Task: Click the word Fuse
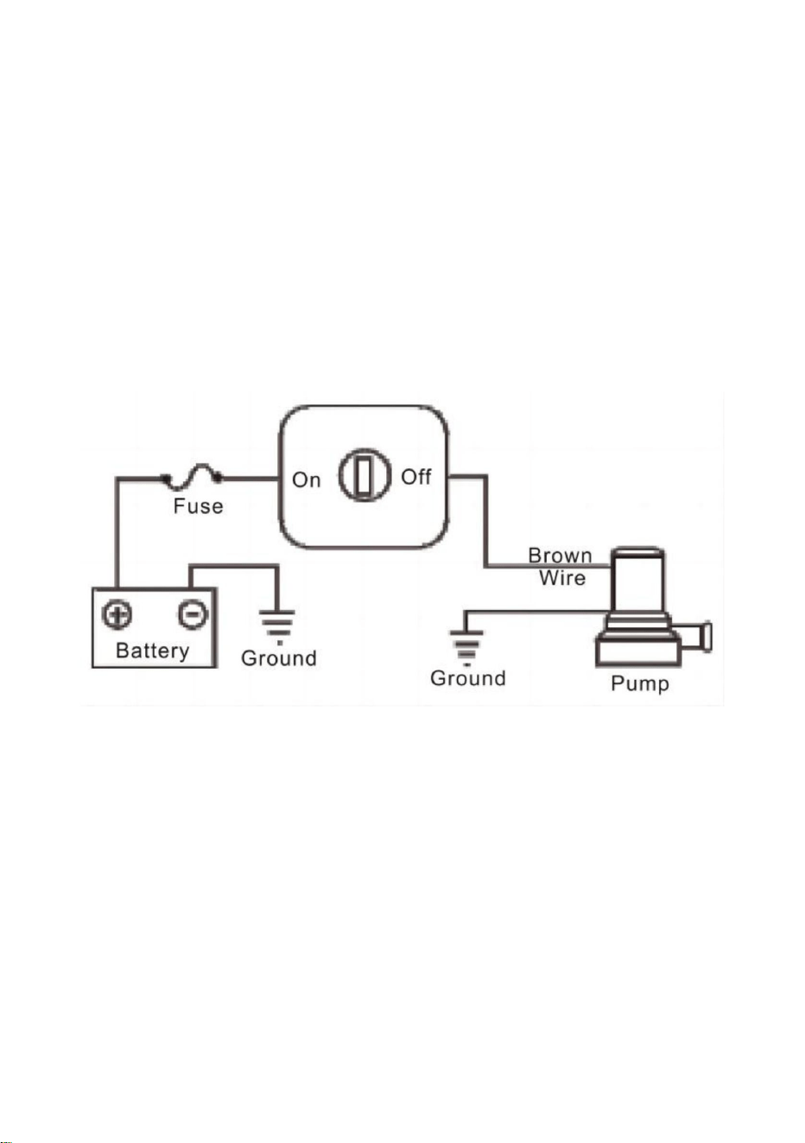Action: (198, 506)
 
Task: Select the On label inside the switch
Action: (306, 480)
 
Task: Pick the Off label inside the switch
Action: (415, 477)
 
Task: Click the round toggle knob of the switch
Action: (364, 475)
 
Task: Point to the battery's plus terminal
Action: (117, 614)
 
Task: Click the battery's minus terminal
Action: (193, 614)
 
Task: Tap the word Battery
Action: (153, 651)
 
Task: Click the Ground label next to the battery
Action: (279, 658)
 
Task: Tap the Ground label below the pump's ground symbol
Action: (468, 678)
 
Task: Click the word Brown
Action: (560, 556)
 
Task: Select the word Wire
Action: (562, 578)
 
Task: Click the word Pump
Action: (640, 684)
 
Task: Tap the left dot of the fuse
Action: (165, 478)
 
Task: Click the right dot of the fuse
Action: (218, 478)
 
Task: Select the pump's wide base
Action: (638, 652)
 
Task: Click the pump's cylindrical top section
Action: (637, 579)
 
